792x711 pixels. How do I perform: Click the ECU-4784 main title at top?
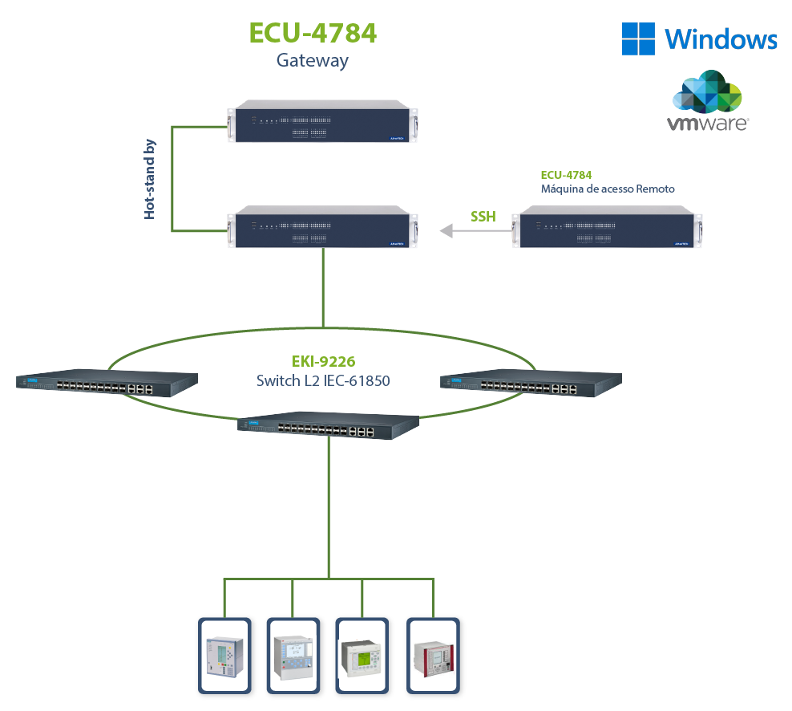(313, 33)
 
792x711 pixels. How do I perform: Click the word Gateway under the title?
(313, 60)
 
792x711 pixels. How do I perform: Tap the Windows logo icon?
(639, 39)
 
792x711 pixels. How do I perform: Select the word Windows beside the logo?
(721, 39)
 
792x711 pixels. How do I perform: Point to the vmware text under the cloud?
(708, 124)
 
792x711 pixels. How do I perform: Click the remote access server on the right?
(608, 226)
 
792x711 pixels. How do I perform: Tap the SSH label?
(483, 216)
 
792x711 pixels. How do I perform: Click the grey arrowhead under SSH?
(446, 231)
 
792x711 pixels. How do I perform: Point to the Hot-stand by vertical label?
(150, 179)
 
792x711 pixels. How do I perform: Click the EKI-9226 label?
(323, 362)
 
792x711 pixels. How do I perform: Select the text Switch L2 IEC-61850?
(323, 380)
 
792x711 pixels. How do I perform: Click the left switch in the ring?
(107, 384)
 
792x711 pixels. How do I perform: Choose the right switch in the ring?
(531, 384)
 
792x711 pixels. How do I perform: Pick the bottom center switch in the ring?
(329, 426)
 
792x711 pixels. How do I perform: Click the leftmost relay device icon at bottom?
(224, 655)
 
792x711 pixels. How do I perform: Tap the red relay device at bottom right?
(433, 655)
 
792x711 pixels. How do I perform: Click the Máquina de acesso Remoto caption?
(608, 189)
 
